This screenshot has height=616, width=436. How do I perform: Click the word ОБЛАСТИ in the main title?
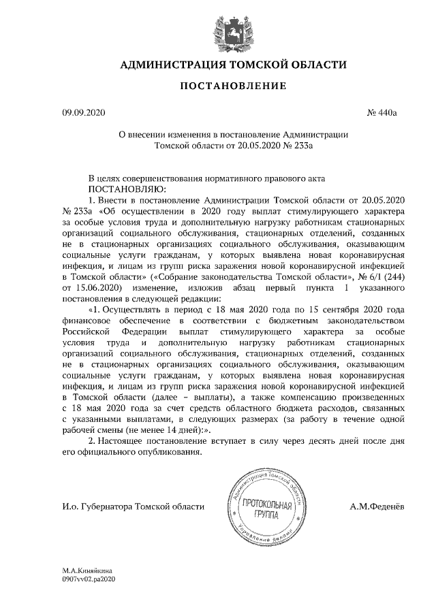point(315,65)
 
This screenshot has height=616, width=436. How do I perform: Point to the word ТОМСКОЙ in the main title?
point(252,65)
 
